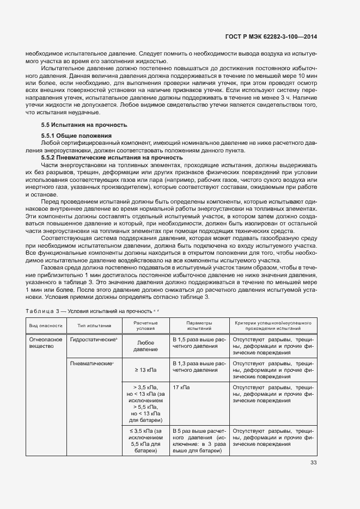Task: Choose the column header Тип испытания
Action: tap(94, 326)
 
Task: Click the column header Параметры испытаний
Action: tap(199, 326)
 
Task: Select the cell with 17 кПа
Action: tap(181, 387)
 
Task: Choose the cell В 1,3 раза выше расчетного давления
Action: tap(199, 366)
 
